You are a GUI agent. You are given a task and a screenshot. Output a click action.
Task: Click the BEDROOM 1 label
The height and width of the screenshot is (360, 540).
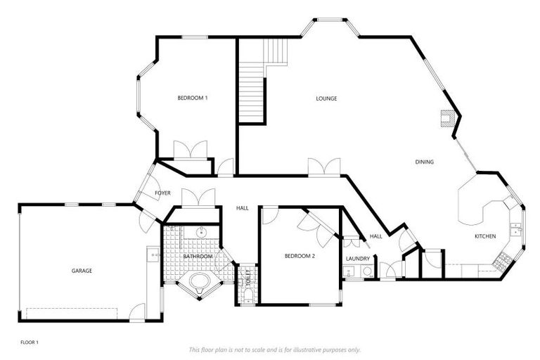[x=192, y=98]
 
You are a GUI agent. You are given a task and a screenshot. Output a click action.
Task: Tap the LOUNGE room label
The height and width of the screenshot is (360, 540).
[x=326, y=98]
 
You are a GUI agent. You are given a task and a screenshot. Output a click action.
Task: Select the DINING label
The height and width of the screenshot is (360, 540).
[x=424, y=162]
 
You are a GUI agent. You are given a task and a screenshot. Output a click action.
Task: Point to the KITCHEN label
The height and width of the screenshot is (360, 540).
[x=486, y=236]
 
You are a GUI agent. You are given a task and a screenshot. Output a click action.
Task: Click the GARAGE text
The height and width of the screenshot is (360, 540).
[x=82, y=271]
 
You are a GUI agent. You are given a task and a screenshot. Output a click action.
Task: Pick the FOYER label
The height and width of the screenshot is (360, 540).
[x=162, y=193]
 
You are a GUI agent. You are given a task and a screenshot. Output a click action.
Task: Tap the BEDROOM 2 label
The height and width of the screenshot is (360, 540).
[x=299, y=256]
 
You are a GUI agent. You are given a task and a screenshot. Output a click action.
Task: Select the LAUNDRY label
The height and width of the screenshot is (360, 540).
[x=358, y=259]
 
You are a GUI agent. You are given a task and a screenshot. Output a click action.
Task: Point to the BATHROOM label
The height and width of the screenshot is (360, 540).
[x=198, y=257]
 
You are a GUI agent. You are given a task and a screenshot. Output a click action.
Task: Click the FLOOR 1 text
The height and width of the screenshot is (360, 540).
[x=30, y=342]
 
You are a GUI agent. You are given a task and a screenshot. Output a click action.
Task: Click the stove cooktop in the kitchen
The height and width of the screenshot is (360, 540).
[x=503, y=262]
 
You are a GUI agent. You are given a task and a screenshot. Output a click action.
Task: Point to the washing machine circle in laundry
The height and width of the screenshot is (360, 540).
[x=366, y=271]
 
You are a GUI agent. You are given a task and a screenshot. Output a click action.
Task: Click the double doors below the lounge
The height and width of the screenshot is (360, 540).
[x=324, y=167]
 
